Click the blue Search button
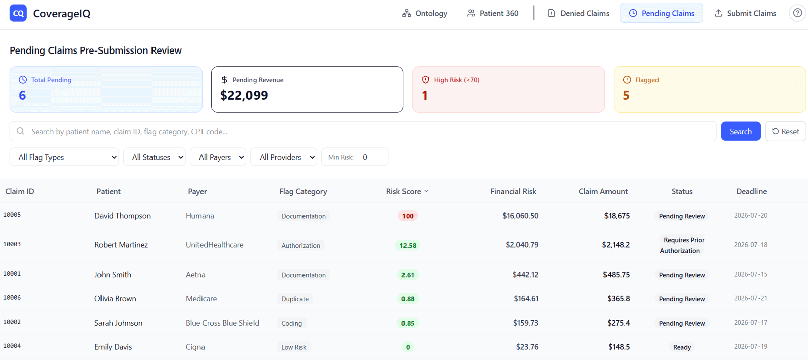740,131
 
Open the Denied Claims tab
578,13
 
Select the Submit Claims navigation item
745,13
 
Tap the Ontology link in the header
425,13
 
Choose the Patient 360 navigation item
493,13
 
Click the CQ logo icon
18,13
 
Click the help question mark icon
797,13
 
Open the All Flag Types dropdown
64,157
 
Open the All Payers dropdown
218,157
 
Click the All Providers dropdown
284,157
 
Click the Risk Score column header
407,191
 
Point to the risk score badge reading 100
408,216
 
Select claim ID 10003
12,244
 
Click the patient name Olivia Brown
116,299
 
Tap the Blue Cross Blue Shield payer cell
223,323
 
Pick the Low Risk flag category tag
293,347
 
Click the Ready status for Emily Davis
682,347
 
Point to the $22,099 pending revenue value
244,95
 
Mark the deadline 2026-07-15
750,274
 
